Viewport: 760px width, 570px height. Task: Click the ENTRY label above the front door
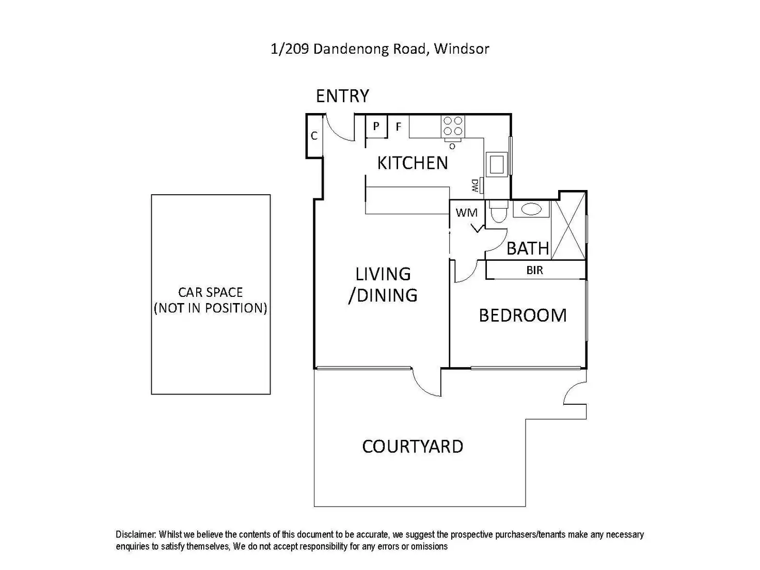[x=342, y=96]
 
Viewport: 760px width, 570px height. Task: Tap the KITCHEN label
[x=412, y=163]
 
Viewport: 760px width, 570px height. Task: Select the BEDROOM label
[x=522, y=315]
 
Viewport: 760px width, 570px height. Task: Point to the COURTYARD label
[x=413, y=447]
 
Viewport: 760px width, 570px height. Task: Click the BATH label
[x=528, y=248]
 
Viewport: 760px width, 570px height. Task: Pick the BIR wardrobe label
[x=534, y=270]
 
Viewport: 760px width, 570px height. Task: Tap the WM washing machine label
[x=466, y=213]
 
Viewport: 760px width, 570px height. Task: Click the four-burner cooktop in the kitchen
[x=453, y=126]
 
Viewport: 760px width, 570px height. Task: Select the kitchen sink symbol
[x=497, y=164]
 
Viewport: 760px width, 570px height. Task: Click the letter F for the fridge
[x=398, y=126]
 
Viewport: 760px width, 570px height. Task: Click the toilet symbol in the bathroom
[x=498, y=213]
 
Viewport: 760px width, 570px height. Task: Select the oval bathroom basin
[x=531, y=209]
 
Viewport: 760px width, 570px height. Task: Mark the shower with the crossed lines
[x=569, y=226]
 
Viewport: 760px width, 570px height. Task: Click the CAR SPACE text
[x=210, y=292]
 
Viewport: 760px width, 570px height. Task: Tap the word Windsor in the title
[x=461, y=49]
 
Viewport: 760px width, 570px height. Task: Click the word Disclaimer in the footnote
[x=136, y=534]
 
